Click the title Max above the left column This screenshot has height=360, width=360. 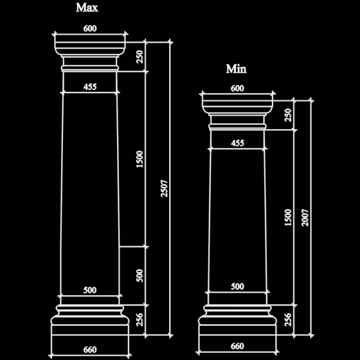[87, 8]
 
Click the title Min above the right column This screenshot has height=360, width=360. [236, 68]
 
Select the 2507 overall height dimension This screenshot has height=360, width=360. [164, 189]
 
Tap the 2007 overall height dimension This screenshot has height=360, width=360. [305, 218]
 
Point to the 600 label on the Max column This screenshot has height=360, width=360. [90, 28]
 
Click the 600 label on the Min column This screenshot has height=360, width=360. [238, 88]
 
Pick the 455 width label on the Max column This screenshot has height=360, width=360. [90, 87]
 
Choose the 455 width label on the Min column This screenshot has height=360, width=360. [238, 143]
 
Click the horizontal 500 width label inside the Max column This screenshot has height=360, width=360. [90, 290]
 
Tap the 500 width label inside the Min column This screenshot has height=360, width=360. [238, 286]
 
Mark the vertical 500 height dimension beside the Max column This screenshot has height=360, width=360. [140, 275]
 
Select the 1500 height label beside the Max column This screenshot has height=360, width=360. [140, 159]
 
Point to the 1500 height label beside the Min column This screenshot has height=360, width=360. [288, 217]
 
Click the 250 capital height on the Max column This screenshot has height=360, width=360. [140, 57]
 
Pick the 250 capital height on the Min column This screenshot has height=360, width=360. [288, 115]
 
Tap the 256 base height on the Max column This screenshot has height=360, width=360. [140, 320]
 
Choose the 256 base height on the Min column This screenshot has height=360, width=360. [288, 320]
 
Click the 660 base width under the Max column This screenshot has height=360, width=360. [90, 350]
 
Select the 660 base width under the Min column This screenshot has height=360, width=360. [238, 346]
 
